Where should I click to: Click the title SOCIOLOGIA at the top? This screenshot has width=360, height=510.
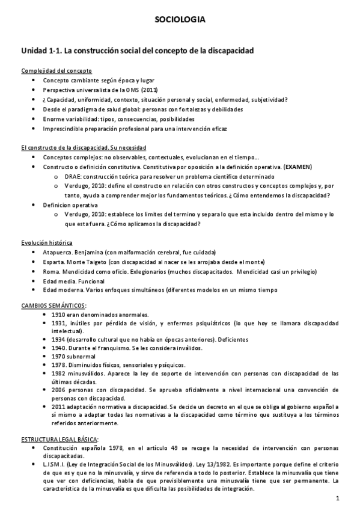[180, 20]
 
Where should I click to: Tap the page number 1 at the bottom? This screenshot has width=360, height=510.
[338, 499]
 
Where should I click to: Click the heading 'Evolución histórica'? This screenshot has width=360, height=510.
[46, 242]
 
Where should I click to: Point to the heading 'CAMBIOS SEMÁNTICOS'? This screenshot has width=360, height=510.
[53, 306]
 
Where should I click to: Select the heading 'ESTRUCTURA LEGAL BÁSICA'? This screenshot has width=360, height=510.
[59, 440]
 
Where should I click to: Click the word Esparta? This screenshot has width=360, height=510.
[53, 262]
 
